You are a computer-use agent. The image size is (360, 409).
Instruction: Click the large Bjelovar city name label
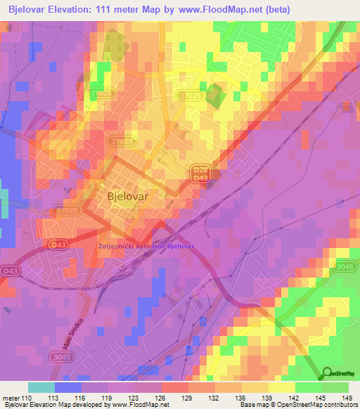(x=127, y=197)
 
